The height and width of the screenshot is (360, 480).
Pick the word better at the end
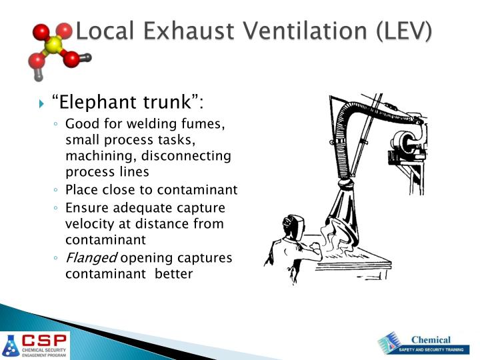(x=173, y=273)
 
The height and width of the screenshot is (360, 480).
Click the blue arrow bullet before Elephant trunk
(x=42, y=103)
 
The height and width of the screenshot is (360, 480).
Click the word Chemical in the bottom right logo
(x=431, y=339)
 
